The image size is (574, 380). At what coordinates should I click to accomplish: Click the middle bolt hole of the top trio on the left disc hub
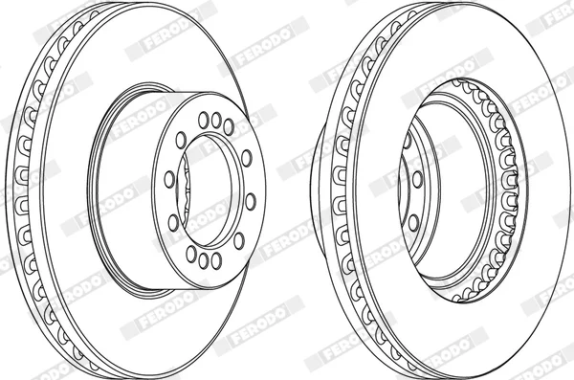pyautogui.click(x=216, y=120)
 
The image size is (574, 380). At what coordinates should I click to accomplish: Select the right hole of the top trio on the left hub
pyautogui.click(x=229, y=126)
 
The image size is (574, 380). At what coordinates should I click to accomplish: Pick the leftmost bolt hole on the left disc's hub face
pyautogui.click(x=169, y=179)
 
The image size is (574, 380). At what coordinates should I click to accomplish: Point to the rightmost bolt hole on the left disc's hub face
pyautogui.click(x=251, y=202)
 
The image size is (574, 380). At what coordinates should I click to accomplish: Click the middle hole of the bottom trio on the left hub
pyautogui.click(x=204, y=261)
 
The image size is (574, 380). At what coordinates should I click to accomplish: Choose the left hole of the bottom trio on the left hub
pyautogui.click(x=191, y=254)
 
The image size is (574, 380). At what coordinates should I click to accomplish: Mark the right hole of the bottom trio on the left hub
pyautogui.click(x=216, y=260)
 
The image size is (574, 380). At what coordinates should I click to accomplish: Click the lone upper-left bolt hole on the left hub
pyautogui.click(x=181, y=141)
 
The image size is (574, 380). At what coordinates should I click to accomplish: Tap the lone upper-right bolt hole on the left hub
pyautogui.click(x=247, y=158)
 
